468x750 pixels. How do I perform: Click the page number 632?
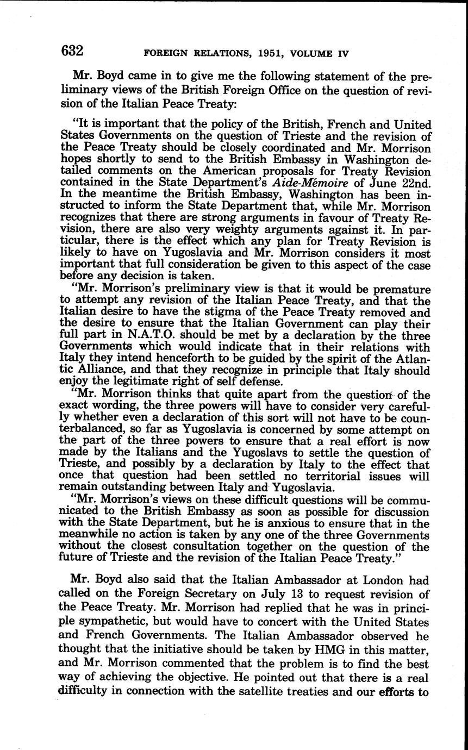coord(72,52)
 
